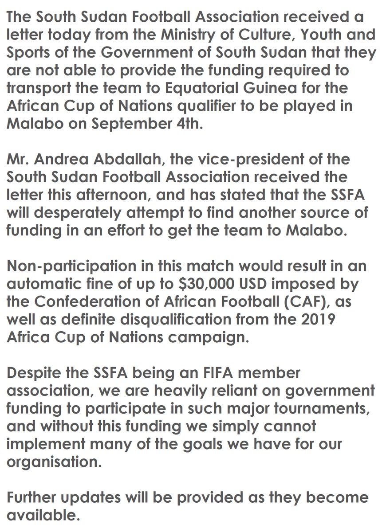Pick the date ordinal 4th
coord(185,123)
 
